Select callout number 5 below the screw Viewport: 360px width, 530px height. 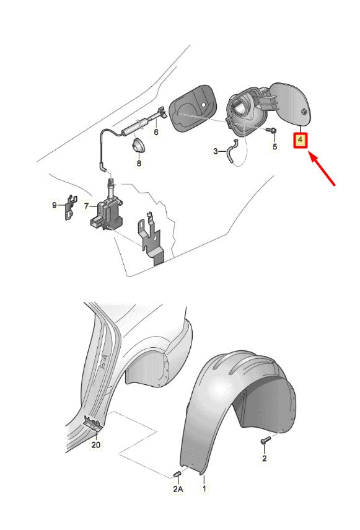coord(274,146)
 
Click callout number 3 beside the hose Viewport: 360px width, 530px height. coord(216,151)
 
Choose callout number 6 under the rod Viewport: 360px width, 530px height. coord(156,131)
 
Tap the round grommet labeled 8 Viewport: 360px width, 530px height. coord(138,145)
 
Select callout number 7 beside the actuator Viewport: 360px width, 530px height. coord(87,206)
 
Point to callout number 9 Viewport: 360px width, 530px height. coord(55,205)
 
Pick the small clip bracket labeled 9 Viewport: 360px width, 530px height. coord(70,207)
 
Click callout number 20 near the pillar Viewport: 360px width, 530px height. coord(96,444)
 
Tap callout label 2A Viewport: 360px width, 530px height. coord(178,488)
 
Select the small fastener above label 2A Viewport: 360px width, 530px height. coord(177,475)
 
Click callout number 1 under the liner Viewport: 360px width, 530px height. coord(204,488)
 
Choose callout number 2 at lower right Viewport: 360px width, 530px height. coord(265,458)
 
